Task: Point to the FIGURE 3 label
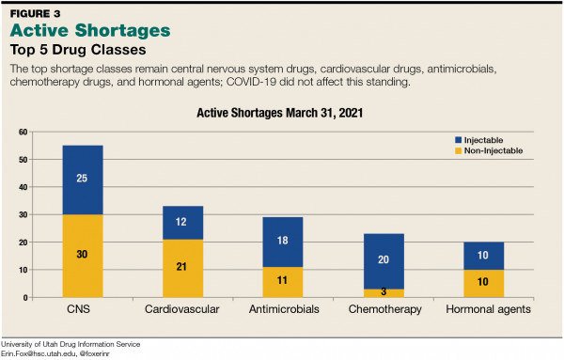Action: pos(37,11)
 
